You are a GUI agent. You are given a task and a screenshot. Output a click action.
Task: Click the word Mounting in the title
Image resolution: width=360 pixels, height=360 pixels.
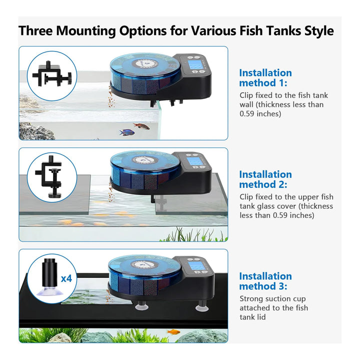[86, 31]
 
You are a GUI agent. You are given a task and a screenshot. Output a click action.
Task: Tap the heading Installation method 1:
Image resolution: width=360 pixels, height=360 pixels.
[265, 78]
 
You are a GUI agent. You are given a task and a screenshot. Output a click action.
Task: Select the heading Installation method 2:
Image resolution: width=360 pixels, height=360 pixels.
[265, 179]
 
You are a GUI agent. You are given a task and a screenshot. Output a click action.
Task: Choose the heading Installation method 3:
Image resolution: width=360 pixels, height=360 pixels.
[265, 281]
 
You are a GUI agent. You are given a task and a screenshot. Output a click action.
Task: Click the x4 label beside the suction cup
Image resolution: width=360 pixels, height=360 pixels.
[66, 278]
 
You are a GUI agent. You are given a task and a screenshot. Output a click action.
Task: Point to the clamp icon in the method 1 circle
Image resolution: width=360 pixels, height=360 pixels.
[52, 74]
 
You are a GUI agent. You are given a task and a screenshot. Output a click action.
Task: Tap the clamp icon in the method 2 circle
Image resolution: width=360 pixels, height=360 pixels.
[48, 176]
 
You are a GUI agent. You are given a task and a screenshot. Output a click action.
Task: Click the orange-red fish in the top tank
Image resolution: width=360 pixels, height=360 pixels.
[141, 126]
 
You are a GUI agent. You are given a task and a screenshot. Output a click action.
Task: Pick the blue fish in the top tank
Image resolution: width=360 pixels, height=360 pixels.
[126, 132]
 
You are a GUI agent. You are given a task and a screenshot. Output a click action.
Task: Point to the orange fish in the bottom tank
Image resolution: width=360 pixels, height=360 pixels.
[173, 332]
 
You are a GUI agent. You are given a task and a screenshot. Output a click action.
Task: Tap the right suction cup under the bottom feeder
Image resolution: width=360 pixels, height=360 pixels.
[202, 306]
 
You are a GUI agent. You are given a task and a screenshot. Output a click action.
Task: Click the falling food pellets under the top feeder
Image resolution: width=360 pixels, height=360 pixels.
[111, 96]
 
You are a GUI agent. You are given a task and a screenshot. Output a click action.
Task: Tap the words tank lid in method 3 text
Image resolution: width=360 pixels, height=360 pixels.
[252, 317]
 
